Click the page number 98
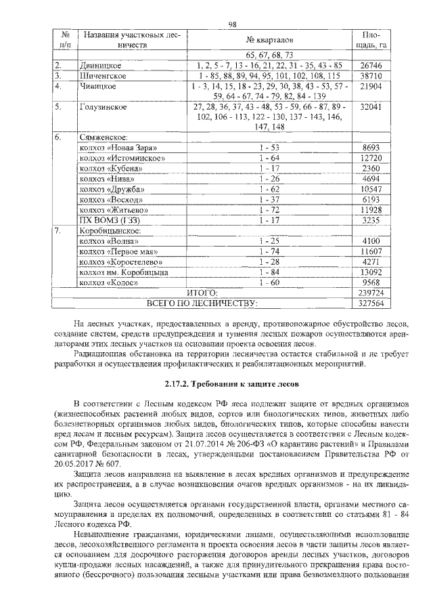pyautogui.click(x=232, y=24)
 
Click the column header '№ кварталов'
pyautogui.click(x=269, y=40)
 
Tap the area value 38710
pyautogui.click(x=373, y=76)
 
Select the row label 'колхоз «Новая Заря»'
pyautogui.click(x=118, y=147)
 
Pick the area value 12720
pyautogui.click(x=373, y=158)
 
